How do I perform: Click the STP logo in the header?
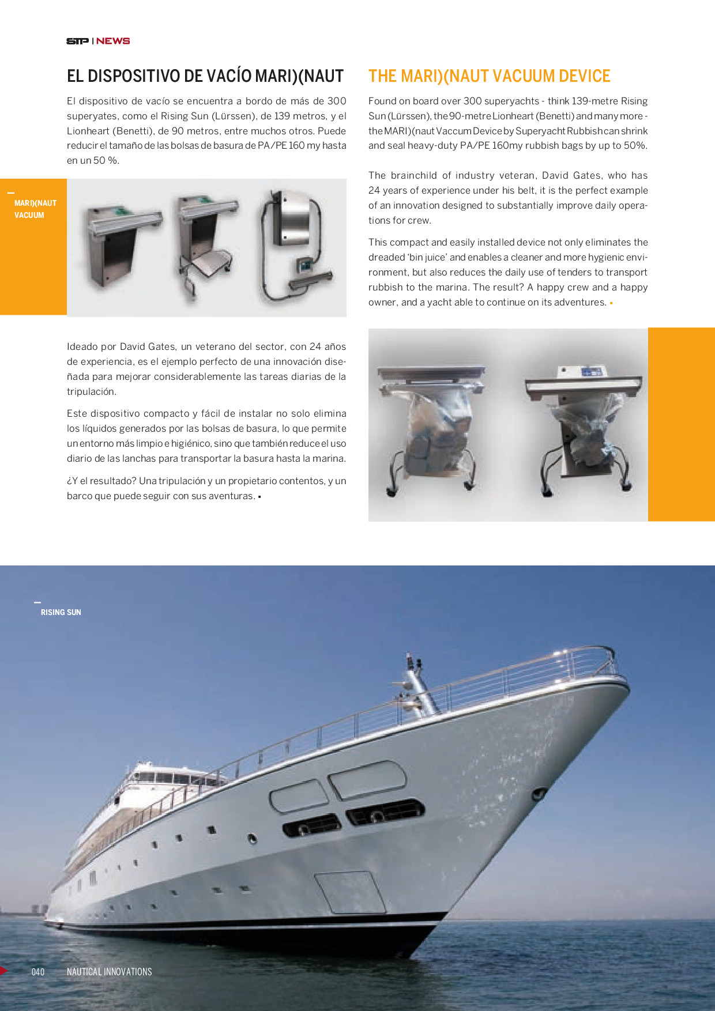[x=77, y=41]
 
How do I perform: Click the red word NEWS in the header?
[x=113, y=41]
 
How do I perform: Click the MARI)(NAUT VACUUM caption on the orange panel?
[x=35, y=209]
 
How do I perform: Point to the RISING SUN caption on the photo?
[x=61, y=612]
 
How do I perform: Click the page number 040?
[x=38, y=972]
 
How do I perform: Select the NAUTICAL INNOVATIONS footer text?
[x=109, y=972]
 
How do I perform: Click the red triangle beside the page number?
[x=4, y=971]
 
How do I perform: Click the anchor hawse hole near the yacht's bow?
[x=539, y=794]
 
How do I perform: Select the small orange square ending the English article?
[x=611, y=303]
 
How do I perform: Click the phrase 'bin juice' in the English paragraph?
[x=427, y=258]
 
